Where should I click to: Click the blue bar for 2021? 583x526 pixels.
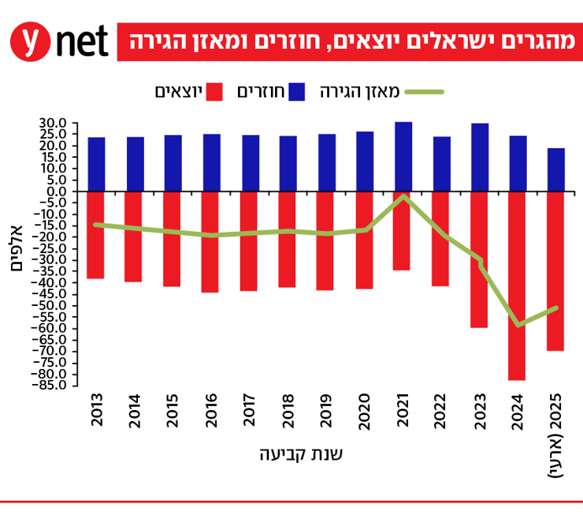pyautogui.click(x=403, y=156)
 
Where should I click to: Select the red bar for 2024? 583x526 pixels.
pyautogui.click(x=517, y=285)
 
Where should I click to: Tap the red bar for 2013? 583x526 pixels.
pyautogui.click(x=96, y=234)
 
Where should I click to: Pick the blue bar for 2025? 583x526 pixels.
pyautogui.click(x=556, y=170)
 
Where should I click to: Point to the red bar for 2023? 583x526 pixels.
pyautogui.click(x=479, y=259)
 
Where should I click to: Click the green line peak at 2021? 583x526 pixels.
pyautogui.click(x=403, y=196)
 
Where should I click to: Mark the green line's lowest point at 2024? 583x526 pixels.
pyautogui.click(x=518, y=325)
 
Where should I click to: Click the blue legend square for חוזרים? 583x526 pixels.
pyautogui.click(x=296, y=91)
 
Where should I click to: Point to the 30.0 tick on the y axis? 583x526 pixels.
pyautogui.click(x=51, y=124)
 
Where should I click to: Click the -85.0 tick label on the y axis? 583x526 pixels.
pyautogui.click(x=49, y=385)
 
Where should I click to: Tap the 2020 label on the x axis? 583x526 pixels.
pyautogui.click(x=364, y=412)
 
